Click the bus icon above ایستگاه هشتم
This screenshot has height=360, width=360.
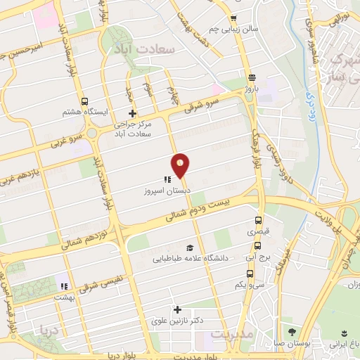click(x=84, y=101)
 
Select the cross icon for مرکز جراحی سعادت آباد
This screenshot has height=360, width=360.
click(x=131, y=113)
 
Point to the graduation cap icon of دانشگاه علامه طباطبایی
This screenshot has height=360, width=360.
click(x=189, y=248)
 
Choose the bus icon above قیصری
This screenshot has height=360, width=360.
click(x=257, y=219)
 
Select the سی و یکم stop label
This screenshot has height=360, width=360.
click(x=250, y=285)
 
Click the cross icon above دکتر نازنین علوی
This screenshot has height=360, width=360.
click(x=177, y=309)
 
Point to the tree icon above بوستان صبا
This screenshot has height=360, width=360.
click(x=292, y=332)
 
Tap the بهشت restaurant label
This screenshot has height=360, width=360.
click(x=67, y=298)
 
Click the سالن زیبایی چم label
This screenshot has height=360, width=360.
click(x=233, y=29)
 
